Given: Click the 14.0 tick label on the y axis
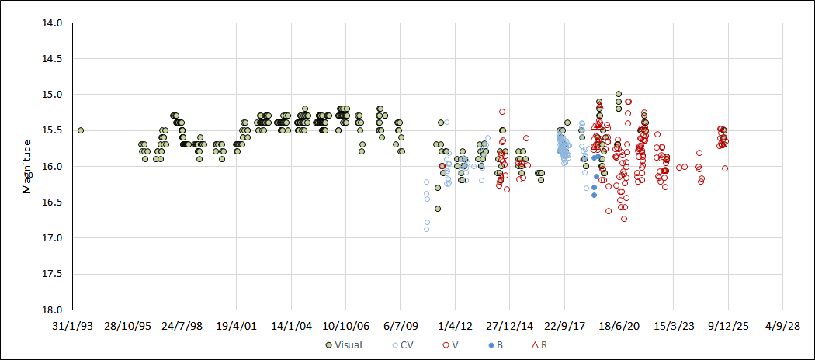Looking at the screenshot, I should click(53, 23).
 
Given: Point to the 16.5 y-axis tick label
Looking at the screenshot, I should click(53, 202).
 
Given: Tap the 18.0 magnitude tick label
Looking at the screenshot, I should click(53, 310).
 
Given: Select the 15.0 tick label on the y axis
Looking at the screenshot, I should click(53, 95).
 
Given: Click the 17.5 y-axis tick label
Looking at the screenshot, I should click(53, 274).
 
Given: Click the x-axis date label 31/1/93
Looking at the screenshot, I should click(72, 326).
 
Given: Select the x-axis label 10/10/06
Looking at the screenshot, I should click(345, 326).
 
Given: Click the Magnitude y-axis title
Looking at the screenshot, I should click(26, 166).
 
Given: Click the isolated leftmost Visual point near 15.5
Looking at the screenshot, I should click(81, 130).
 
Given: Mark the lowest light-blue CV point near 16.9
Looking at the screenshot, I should click(427, 229).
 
